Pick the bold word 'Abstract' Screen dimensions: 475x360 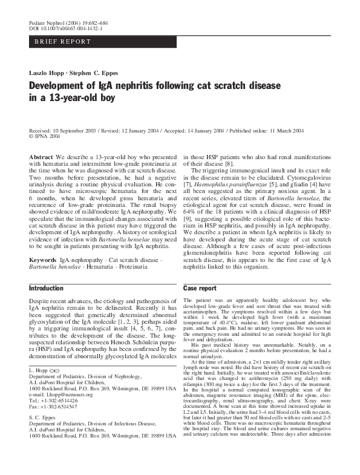pos(41,156)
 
